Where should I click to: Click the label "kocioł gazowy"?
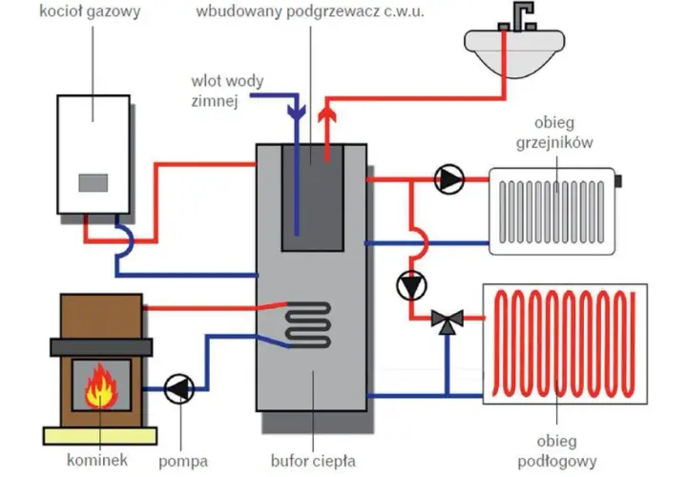point(90,10)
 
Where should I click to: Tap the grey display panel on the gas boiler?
point(94,182)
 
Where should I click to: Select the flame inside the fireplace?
point(101,385)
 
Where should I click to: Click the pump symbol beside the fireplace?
point(179,388)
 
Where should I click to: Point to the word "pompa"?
point(183,461)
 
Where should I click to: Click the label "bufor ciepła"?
point(313,461)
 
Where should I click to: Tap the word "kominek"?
point(97,460)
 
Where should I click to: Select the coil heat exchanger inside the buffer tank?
point(307,324)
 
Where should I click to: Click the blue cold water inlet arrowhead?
point(297,112)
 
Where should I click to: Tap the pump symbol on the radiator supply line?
point(449,179)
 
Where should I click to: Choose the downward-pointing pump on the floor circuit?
point(411,285)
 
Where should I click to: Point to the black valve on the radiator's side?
point(618,180)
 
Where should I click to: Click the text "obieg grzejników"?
point(554,133)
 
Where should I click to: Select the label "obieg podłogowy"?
point(557,451)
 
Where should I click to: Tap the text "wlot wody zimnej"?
point(227,92)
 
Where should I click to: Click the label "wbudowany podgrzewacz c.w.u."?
point(310,11)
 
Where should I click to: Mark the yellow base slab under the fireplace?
point(100,436)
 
